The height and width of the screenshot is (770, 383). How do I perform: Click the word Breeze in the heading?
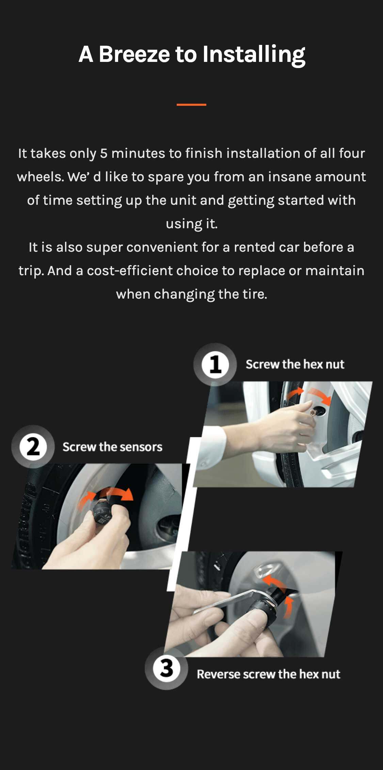[134, 54]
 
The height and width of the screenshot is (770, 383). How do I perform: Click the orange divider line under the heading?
[191, 104]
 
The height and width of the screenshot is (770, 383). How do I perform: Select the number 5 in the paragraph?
[103, 153]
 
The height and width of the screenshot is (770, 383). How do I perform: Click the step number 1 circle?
[215, 364]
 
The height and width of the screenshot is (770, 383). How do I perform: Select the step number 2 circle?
[33, 447]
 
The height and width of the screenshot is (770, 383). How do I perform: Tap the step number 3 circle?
[166, 668]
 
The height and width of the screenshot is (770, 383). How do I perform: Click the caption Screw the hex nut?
[295, 364]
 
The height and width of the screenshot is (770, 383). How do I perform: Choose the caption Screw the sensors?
[112, 447]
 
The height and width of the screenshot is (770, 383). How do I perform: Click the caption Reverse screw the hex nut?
[269, 674]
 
